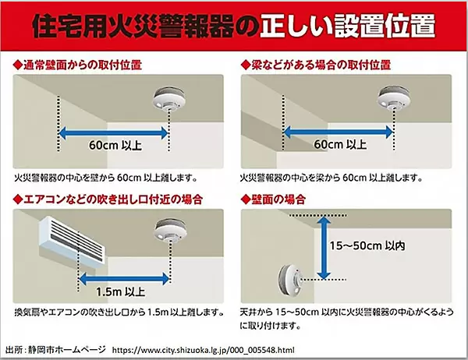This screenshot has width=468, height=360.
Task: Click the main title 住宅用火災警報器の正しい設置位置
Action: point(234,26)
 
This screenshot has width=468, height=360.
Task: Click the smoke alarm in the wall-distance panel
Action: point(169,98)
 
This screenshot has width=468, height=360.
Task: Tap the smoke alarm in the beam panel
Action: point(394,97)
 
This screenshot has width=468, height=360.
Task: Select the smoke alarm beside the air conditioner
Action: point(170,230)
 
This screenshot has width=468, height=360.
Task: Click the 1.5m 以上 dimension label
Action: point(120,291)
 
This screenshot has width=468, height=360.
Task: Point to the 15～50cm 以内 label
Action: point(367,245)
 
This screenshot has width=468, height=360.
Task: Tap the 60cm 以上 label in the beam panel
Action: point(340,144)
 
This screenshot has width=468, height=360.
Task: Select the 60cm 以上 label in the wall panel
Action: point(115,145)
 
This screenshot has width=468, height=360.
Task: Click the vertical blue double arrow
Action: point(324,248)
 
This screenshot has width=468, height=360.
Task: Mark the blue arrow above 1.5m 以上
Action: point(124,279)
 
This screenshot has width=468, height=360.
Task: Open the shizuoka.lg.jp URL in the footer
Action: point(204,350)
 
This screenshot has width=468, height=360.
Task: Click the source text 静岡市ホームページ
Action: point(67,349)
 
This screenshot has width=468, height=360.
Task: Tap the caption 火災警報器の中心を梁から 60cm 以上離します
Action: point(331,178)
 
